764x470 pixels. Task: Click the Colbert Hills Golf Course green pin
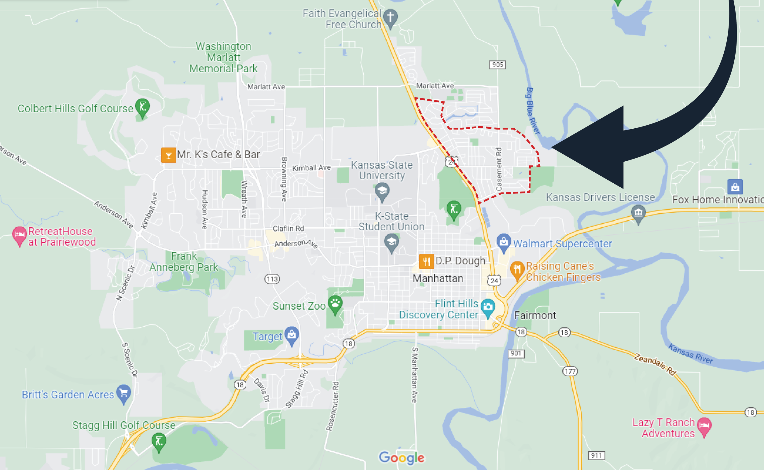(x=142, y=107)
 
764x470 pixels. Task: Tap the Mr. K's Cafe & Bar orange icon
(x=168, y=155)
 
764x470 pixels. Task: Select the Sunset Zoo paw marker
(x=335, y=304)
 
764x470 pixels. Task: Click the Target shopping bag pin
(x=292, y=335)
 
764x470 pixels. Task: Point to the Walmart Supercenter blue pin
(x=504, y=242)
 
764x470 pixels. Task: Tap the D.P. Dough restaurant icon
(x=426, y=261)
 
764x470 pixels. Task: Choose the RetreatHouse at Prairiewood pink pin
(x=19, y=235)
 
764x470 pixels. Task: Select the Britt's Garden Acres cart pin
(x=124, y=393)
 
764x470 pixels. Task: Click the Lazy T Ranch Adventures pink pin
(x=704, y=426)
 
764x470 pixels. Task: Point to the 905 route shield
(x=497, y=65)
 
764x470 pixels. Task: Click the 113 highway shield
(x=272, y=279)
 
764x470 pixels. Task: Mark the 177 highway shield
(x=570, y=371)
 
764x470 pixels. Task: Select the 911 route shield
(x=597, y=455)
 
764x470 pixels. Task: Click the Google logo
(x=401, y=458)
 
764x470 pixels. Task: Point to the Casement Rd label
(x=498, y=169)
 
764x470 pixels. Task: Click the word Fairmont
(x=535, y=315)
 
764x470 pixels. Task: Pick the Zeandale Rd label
(x=655, y=364)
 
